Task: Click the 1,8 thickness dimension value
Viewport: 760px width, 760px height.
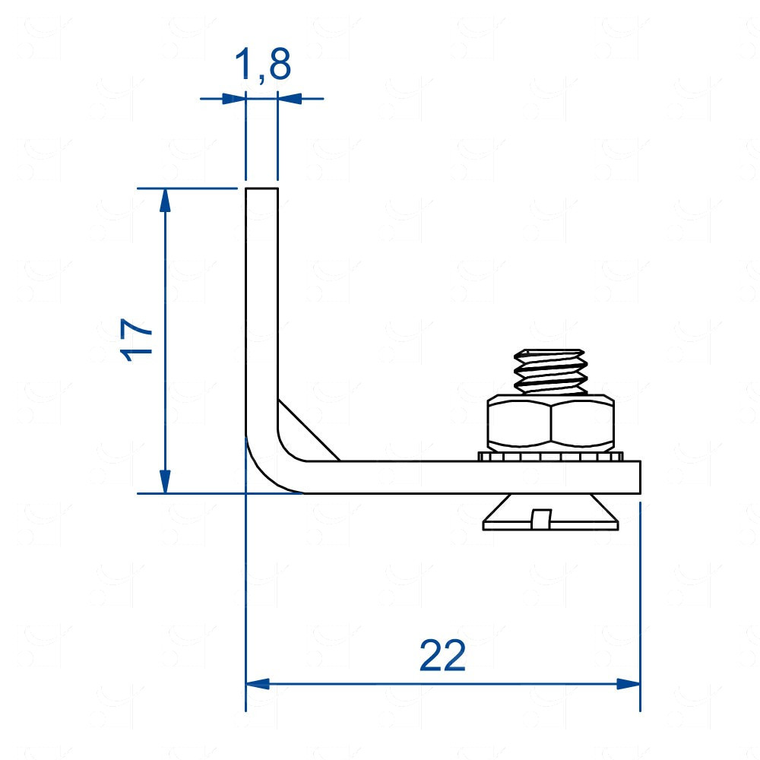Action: pos(263,65)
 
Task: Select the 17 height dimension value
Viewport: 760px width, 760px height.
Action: pos(137,340)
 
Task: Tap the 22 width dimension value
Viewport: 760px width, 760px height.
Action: pos(442,655)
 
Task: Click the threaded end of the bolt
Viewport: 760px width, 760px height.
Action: pos(550,372)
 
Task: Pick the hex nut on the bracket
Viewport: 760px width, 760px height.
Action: pos(550,421)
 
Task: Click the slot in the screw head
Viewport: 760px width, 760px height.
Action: pos(541,518)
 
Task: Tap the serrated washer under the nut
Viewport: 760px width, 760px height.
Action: pos(550,456)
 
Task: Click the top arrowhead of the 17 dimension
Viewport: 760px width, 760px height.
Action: pos(165,201)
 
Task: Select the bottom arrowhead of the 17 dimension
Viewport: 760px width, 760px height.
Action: pos(165,481)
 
